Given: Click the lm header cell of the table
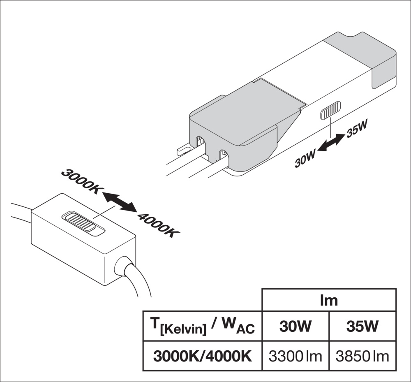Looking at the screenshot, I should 329,300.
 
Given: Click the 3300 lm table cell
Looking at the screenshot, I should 296,356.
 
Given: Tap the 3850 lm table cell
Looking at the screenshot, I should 363,356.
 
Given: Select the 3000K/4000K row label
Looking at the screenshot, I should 202,356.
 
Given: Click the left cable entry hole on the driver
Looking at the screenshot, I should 200,143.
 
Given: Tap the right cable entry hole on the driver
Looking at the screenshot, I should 223,156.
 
